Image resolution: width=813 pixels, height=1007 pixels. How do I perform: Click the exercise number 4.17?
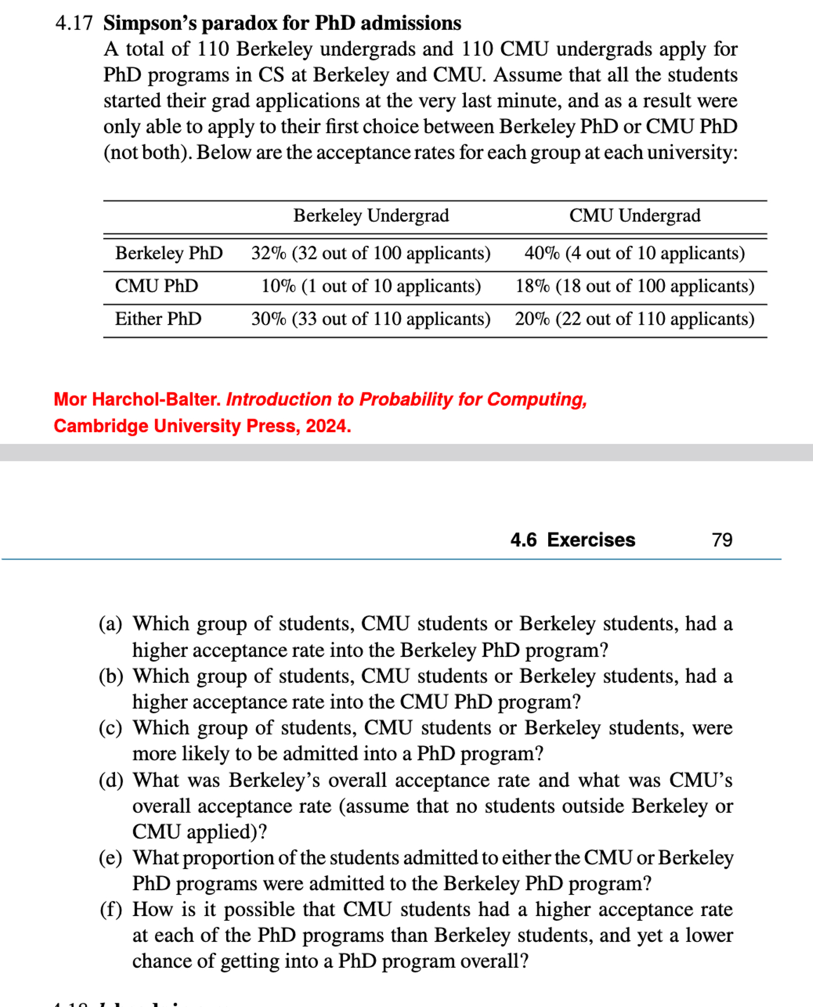73,23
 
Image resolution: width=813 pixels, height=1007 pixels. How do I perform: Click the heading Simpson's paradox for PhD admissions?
282,23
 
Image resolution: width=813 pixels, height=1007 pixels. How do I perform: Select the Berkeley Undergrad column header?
371,216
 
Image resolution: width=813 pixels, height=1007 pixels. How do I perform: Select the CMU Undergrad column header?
634,216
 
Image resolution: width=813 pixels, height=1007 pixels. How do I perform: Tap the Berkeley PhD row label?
169,253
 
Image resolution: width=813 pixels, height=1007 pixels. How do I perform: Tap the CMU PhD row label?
156,286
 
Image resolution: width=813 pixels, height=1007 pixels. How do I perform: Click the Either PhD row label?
158,319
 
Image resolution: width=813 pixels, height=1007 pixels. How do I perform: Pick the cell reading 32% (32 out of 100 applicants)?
371,253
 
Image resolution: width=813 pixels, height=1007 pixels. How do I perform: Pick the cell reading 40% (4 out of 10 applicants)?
634,253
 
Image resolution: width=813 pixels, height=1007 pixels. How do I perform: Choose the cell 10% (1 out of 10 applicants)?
371,286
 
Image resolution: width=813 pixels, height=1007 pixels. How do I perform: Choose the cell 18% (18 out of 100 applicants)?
634,286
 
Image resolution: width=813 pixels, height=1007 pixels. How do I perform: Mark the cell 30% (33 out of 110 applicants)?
371,319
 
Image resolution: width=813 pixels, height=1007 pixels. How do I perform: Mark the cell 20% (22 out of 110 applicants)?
634,319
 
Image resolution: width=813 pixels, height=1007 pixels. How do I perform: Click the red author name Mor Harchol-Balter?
137,399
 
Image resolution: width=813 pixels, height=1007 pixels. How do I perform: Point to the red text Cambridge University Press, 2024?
202,426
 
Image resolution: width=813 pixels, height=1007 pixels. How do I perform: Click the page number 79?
722,540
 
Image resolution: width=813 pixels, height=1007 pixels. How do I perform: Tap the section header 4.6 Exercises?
573,540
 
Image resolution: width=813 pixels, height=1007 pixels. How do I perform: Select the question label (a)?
110,624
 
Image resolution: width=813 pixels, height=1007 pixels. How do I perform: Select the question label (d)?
111,780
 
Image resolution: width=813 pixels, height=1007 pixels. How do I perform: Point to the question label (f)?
110,910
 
